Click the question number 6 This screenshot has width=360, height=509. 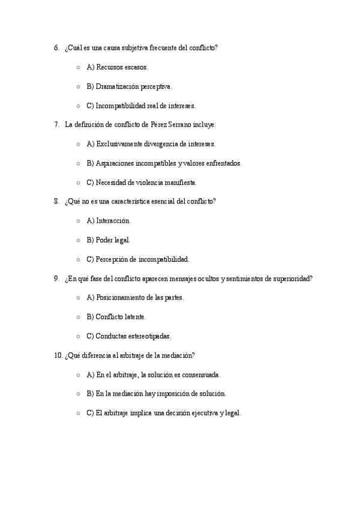(56, 47)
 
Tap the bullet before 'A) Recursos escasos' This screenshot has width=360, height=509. (79, 67)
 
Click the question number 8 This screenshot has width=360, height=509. (56, 202)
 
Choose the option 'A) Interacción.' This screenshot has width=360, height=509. (109, 221)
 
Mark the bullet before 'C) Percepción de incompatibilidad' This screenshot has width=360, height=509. (79, 259)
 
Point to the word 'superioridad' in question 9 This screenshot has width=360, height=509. (292, 279)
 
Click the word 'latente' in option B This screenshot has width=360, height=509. (134, 317)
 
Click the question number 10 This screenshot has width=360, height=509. (58, 355)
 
